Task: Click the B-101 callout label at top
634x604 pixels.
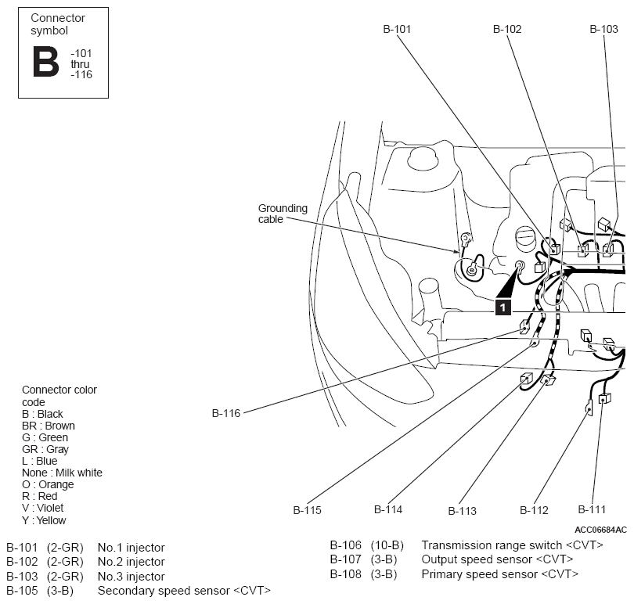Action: pos(397,29)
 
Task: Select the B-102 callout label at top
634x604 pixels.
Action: pos(507,29)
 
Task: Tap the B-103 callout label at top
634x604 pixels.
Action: pos(603,29)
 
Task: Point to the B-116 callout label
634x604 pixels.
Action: pos(226,413)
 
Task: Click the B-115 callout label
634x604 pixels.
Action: pos(307,510)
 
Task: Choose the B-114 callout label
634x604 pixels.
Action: pos(388,509)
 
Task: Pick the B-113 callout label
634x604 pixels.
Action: pos(462,511)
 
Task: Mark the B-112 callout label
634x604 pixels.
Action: pos(534,510)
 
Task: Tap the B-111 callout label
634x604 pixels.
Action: pos(592,509)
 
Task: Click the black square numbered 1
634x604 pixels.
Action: pos(503,307)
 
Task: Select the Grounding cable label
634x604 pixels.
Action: pos(283,214)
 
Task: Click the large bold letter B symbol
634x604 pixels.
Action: pos(45,61)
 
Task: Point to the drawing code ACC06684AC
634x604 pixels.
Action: pos(600,530)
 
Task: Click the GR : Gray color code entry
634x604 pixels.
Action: pos(45,449)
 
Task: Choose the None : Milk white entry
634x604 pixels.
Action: pos(62,473)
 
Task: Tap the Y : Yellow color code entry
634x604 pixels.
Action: pos(44,520)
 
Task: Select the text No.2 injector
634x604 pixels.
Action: pos(131,562)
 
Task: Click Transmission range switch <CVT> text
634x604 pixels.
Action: pos(513,545)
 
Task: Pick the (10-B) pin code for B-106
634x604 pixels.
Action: pos(387,545)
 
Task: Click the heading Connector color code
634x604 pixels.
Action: pos(59,396)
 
